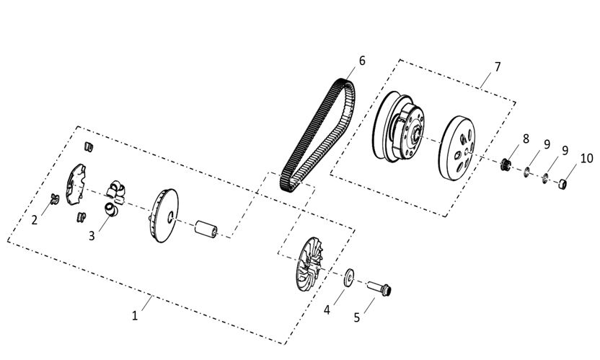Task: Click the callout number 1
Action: (x=135, y=316)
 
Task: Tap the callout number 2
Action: (x=35, y=220)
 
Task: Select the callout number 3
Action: (x=92, y=236)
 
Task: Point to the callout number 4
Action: (x=327, y=309)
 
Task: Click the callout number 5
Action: (x=357, y=317)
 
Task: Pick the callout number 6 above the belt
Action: (x=362, y=61)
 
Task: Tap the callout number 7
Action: (x=497, y=66)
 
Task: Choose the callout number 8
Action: (x=526, y=139)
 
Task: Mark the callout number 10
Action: (x=586, y=158)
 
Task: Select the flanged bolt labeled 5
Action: (x=379, y=288)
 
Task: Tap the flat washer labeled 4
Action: (x=348, y=278)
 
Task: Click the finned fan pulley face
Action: (x=309, y=264)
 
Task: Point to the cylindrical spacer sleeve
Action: (x=206, y=229)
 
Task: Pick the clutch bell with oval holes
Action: (x=456, y=148)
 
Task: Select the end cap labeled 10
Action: (x=562, y=184)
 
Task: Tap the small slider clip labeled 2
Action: (x=55, y=199)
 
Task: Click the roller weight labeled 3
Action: (x=110, y=209)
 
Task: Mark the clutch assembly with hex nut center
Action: (x=398, y=126)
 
